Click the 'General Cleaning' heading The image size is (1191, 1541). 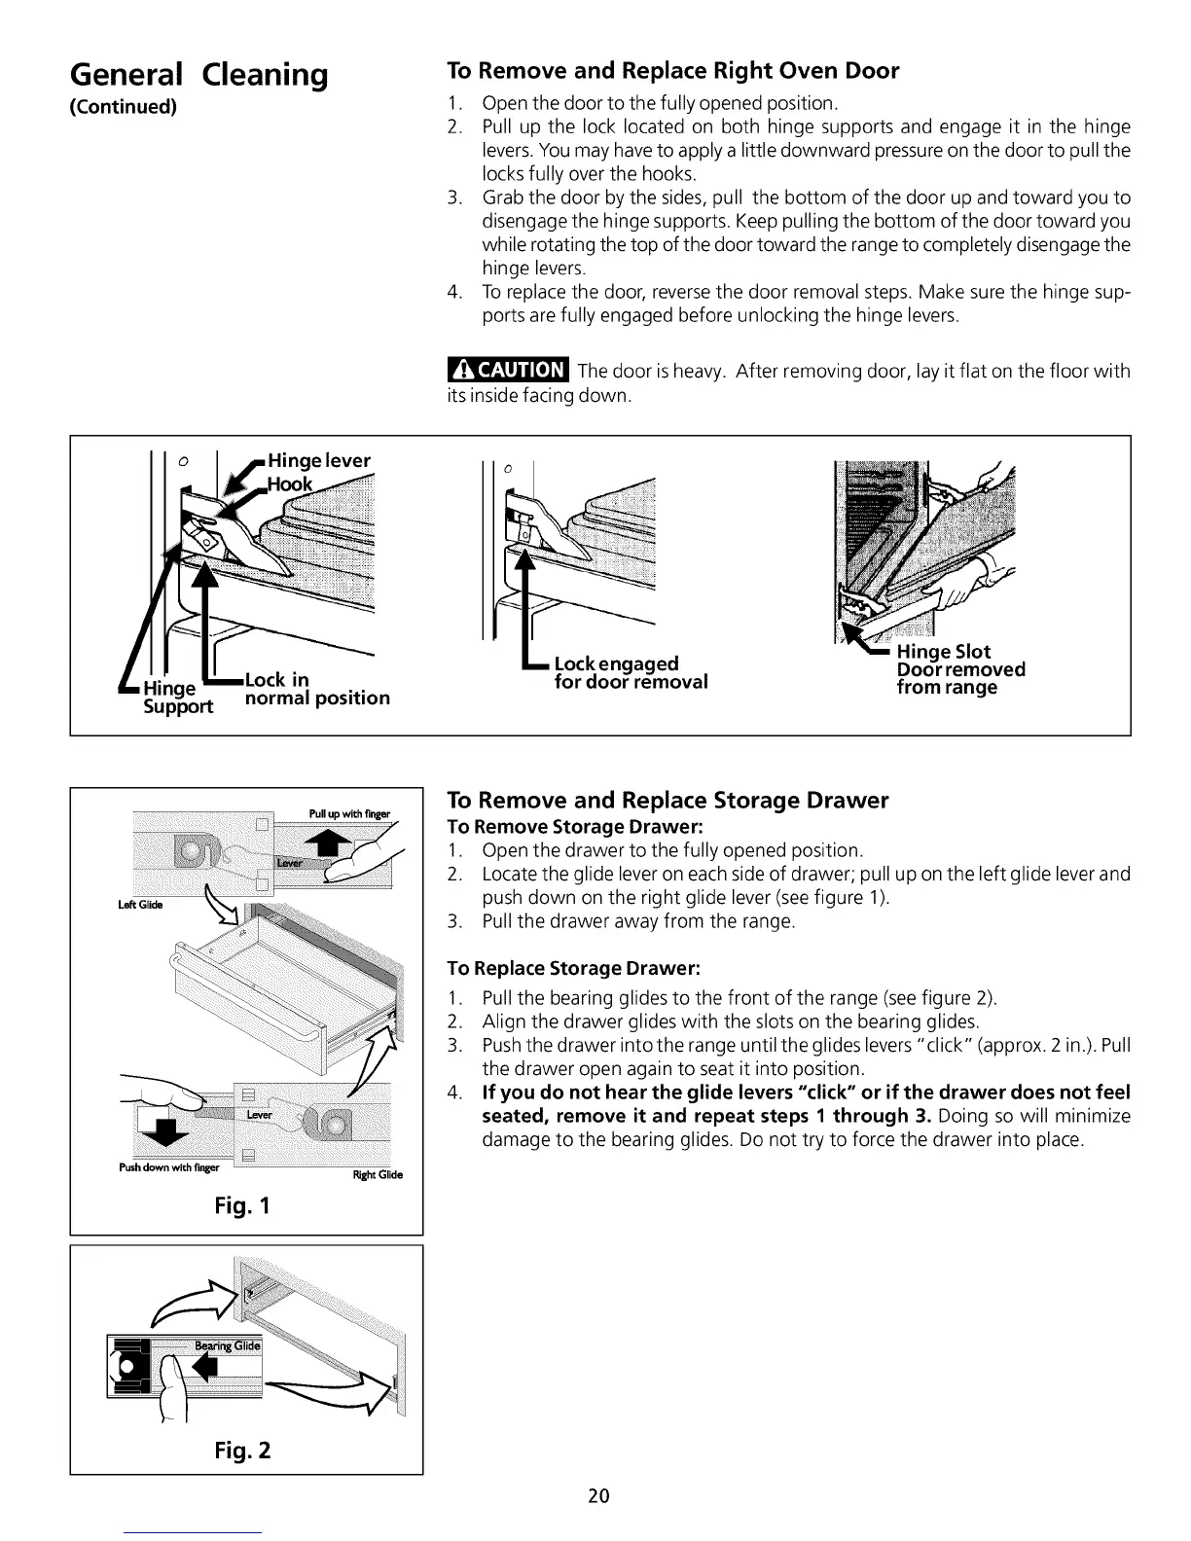tap(198, 74)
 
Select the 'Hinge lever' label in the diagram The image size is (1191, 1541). tap(319, 461)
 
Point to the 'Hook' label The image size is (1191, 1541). tap(290, 484)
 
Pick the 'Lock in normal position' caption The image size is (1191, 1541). tap(316, 689)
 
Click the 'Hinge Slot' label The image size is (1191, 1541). tap(943, 652)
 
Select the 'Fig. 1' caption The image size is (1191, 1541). tap(242, 1206)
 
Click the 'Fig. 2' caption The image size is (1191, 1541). tap(242, 1451)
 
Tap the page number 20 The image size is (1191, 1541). tap(598, 1496)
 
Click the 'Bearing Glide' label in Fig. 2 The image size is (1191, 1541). tap(227, 1345)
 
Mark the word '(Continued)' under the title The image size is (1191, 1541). tap(123, 106)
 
